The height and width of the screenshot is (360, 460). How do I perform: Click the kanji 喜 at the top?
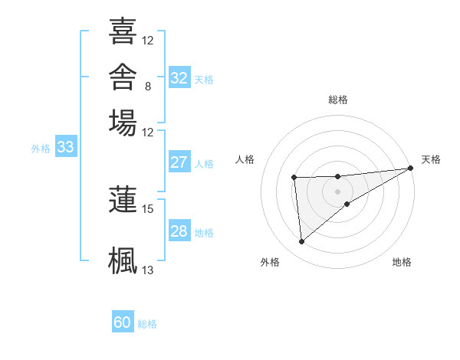click(x=123, y=31)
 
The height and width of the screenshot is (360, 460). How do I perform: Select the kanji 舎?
click(x=123, y=77)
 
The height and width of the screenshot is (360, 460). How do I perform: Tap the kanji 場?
click(x=123, y=123)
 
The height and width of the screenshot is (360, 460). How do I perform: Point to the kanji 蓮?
click(x=123, y=199)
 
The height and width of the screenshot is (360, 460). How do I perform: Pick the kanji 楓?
click(x=123, y=260)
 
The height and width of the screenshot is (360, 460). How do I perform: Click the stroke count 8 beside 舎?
click(x=148, y=87)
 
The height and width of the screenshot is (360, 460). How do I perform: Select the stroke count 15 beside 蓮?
click(x=147, y=209)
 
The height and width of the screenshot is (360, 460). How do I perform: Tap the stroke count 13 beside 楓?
click(x=147, y=270)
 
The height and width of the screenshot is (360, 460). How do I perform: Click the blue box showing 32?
click(x=179, y=77)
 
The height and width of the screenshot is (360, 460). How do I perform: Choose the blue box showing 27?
click(x=179, y=162)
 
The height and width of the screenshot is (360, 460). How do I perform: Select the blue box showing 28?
click(x=179, y=230)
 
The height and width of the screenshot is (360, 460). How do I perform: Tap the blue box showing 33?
click(x=66, y=146)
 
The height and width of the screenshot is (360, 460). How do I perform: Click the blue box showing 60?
click(x=123, y=321)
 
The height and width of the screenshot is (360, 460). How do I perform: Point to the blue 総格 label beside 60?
click(x=147, y=324)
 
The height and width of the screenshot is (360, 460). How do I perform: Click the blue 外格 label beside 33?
click(x=41, y=149)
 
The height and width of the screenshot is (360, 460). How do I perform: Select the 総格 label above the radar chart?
click(x=338, y=100)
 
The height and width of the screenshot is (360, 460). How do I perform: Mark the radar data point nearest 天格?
click(x=411, y=168)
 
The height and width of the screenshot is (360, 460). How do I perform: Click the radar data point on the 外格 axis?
click(x=301, y=241)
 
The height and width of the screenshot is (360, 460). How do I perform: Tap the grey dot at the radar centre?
click(x=337, y=191)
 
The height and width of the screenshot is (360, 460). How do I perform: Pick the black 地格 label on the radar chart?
click(x=402, y=262)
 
